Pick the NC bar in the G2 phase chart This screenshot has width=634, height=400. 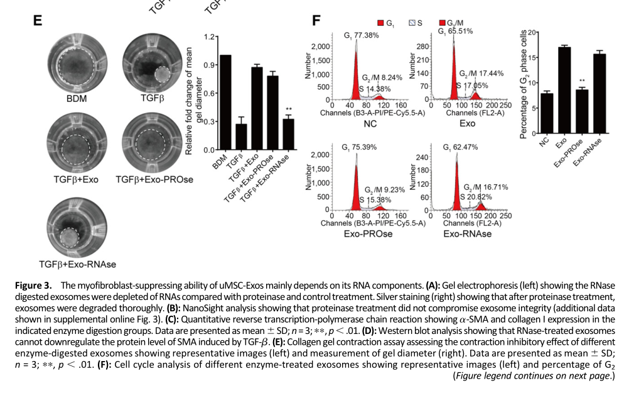[547, 113]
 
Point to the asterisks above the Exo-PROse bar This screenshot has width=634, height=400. [582, 81]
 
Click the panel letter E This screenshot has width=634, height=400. [37, 21]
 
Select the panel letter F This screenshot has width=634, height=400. [316, 21]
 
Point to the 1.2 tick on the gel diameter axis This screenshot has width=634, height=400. [208, 36]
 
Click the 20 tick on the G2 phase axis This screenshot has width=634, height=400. [532, 32]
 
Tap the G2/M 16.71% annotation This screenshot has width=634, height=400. [486, 187]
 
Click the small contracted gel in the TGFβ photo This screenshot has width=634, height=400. [163, 75]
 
